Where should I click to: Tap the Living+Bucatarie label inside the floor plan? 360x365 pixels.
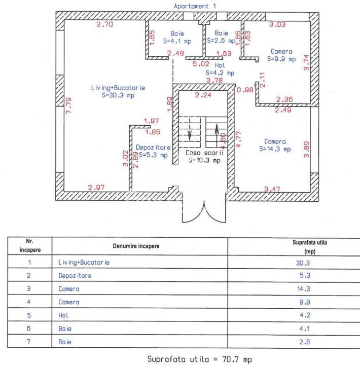(118, 88)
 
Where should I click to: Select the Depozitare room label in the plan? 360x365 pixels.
(153, 148)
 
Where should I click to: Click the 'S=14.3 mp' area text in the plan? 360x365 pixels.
(275, 149)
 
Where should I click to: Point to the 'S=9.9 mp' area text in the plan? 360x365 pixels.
(281, 59)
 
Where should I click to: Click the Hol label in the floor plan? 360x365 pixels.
(220, 66)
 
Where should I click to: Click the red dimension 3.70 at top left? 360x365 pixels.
(104, 24)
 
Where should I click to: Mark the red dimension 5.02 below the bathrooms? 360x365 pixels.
(201, 64)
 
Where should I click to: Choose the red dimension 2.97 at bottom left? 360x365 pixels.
(96, 188)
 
